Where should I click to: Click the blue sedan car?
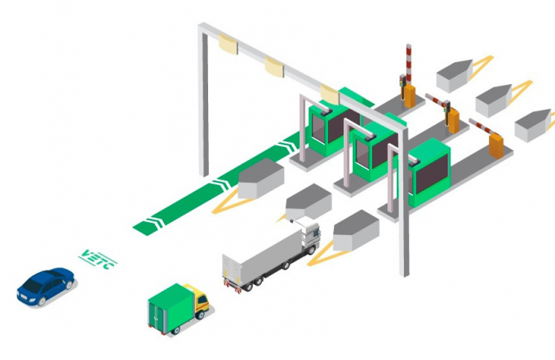(x=46, y=287)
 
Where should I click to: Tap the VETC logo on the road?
(x=98, y=260)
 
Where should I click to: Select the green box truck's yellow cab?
(x=198, y=300)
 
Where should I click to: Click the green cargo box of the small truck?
(x=169, y=308)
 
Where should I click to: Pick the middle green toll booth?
(x=375, y=150)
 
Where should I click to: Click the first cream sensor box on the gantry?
(x=228, y=43)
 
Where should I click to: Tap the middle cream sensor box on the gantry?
(x=274, y=67)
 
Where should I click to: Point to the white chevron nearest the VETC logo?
(x=156, y=221)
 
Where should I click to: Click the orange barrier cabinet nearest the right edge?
(x=496, y=145)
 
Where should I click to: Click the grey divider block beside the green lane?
(x=261, y=178)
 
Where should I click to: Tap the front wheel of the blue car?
(x=42, y=301)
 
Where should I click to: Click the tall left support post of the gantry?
(x=203, y=101)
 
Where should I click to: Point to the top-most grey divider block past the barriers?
(x=455, y=75)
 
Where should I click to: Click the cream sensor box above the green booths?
(x=330, y=94)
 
